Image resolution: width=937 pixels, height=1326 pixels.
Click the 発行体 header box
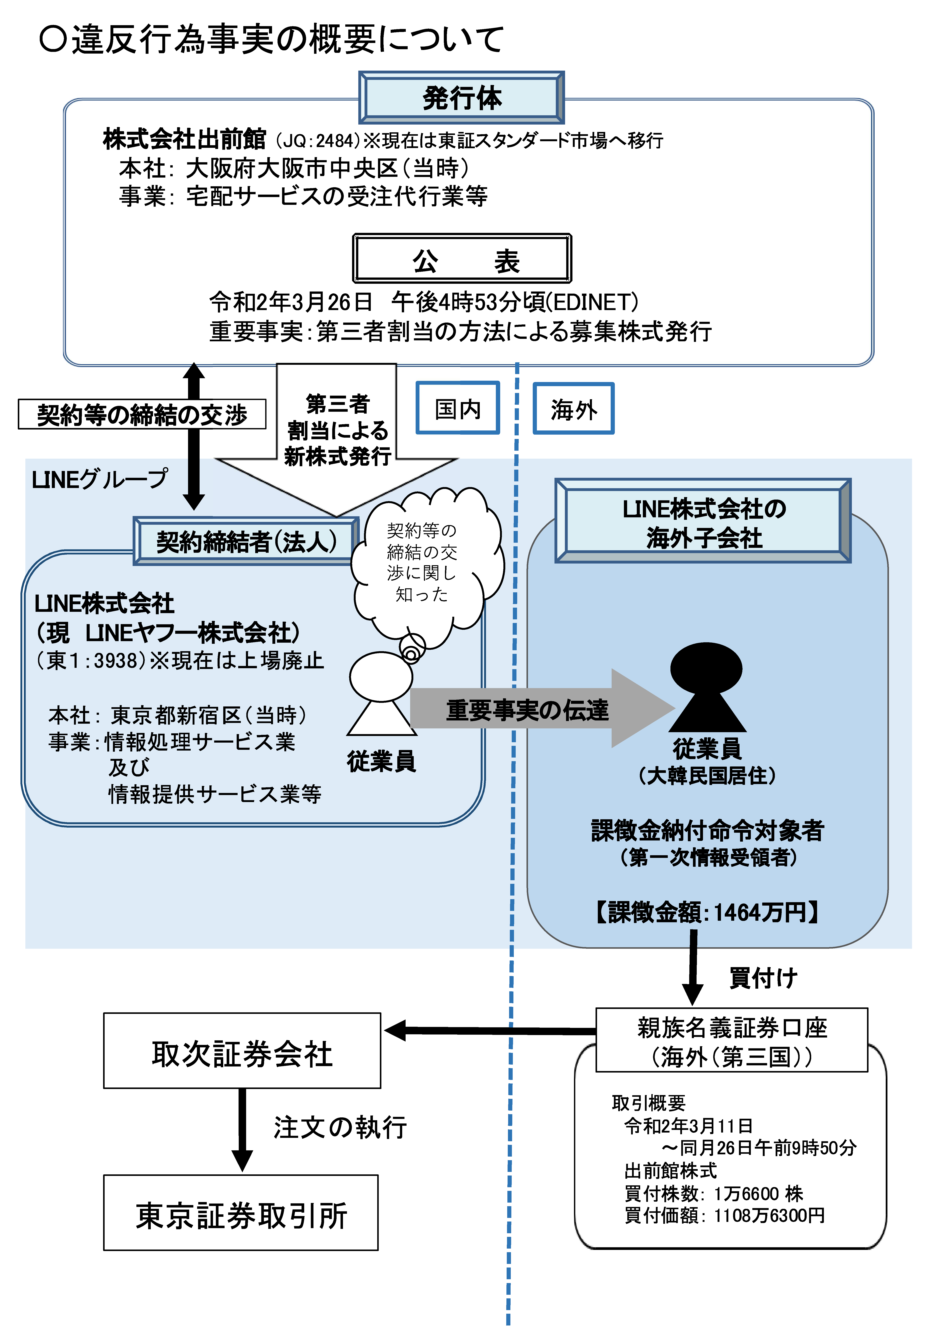pyautogui.click(x=461, y=98)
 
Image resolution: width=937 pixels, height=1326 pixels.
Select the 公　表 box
pyautogui.click(x=462, y=259)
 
